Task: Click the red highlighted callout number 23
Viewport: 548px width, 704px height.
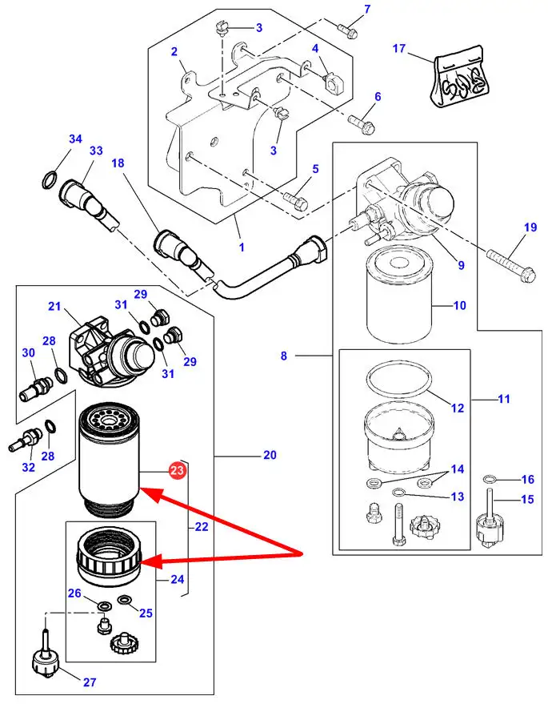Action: click(178, 471)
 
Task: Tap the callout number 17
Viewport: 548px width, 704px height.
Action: click(400, 50)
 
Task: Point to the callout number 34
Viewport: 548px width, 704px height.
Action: click(75, 139)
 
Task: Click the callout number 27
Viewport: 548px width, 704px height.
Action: click(89, 682)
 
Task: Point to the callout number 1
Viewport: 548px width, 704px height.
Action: click(241, 247)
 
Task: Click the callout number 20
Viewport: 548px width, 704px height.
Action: click(270, 455)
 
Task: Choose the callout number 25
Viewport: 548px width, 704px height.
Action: click(146, 613)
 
